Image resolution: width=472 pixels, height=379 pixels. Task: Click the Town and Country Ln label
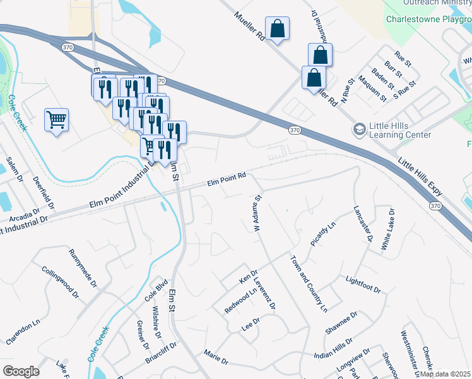tap(309, 284)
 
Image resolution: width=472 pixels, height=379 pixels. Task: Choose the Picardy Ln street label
tap(323, 234)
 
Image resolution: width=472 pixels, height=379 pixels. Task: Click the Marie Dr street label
tap(216, 358)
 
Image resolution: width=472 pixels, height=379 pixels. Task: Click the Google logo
tap(21, 371)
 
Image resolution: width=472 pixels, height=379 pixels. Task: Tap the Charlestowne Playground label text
tap(428, 19)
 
